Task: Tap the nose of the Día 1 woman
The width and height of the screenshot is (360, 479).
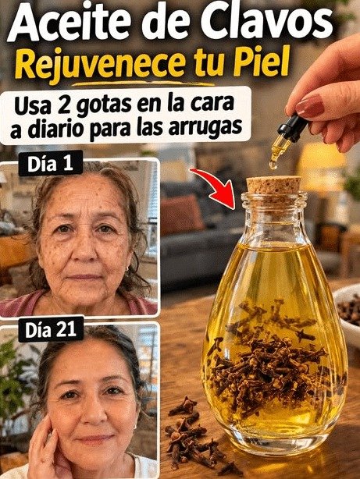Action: [x=86, y=250]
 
